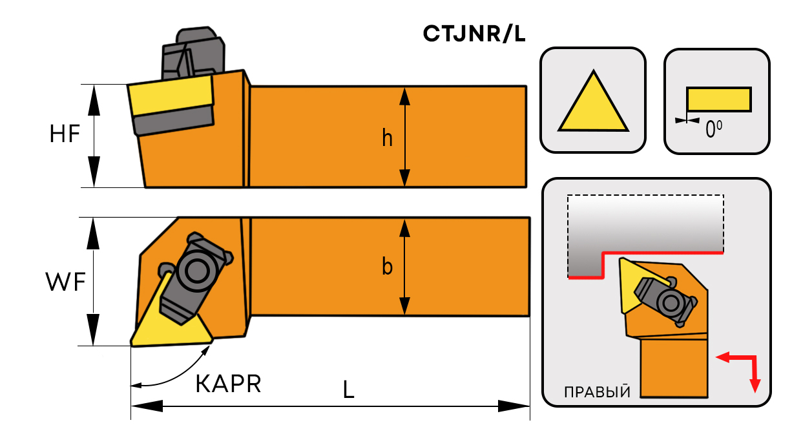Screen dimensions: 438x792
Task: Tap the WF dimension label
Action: [x=65, y=282]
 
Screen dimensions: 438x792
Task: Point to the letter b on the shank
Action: [x=387, y=266]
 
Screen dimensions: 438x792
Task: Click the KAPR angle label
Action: [x=228, y=384]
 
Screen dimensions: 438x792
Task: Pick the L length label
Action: [x=349, y=389]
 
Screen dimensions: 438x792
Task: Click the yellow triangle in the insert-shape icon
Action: [x=593, y=107]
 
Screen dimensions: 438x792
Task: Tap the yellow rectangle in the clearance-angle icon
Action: [x=718, y=99]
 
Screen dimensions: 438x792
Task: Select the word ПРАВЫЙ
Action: [x=597, y=392]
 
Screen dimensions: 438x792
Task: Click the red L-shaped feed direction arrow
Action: [x=743, y=366]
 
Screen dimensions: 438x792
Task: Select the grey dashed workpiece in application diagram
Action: [x=646, y=226]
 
